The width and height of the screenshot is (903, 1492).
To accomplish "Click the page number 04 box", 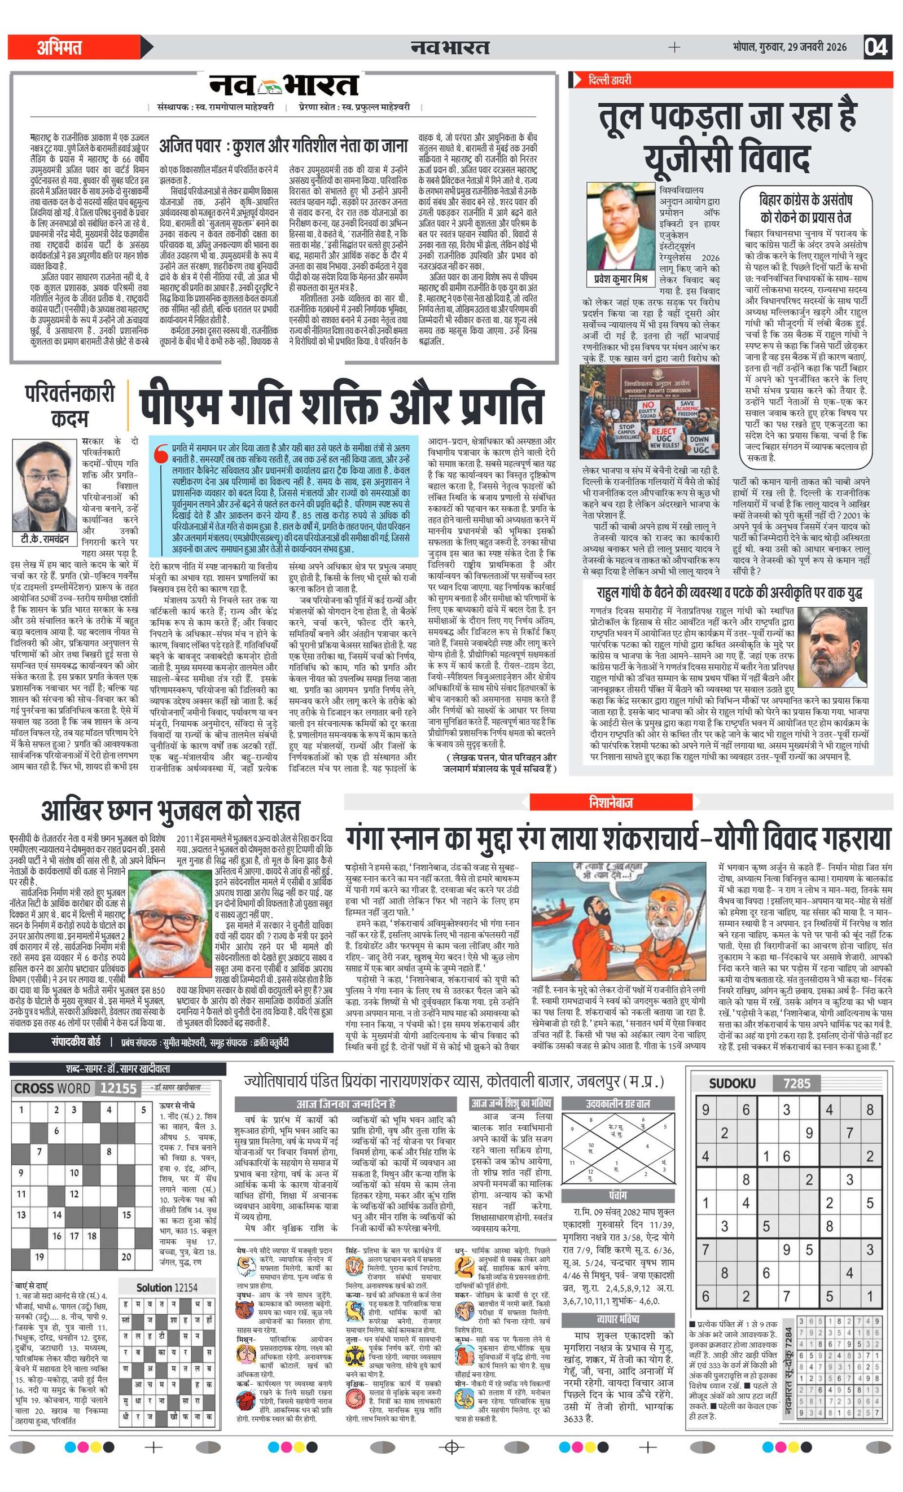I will (877, 47).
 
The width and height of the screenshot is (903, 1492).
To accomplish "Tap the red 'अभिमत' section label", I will (59, 47).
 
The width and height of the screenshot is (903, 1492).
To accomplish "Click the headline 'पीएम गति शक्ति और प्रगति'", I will (341, 403).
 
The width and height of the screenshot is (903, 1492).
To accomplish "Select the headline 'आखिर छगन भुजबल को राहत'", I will (171, 811).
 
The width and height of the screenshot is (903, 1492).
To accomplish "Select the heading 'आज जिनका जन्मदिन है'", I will (345, 1103).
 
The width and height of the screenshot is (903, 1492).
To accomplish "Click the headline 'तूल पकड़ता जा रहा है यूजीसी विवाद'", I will (727, 138).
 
